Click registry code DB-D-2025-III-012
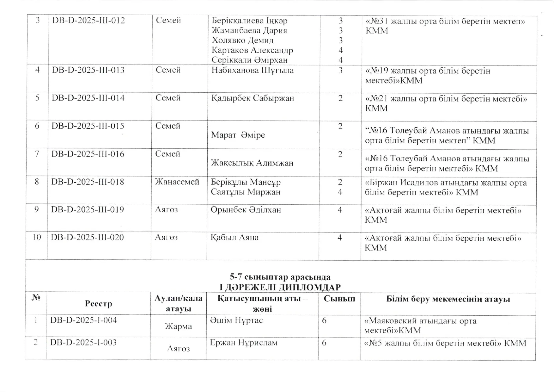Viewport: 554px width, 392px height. pos(88,21)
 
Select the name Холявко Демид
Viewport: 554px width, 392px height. pos(242,40)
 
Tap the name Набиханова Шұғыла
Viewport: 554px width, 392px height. pos(253,70)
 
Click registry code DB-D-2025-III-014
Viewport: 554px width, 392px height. pos(88,98)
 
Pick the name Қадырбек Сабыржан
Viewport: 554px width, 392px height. pos(253,98)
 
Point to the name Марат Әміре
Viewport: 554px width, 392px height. pos(238,135)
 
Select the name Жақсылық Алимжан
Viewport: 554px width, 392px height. pos(252,163)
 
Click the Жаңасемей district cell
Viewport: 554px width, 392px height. pos(177,182)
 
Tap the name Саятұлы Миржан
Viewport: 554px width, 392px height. pos(245,192)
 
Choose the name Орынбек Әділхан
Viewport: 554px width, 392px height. pos(246,210)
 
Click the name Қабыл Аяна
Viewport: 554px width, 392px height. pos(234,238)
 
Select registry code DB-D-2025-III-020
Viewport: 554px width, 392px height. pos(87,238)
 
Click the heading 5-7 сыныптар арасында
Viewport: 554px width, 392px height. pos(280,277)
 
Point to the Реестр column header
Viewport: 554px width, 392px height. pos(98,304)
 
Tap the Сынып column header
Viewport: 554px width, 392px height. pos(339,299)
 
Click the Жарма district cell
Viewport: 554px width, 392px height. pos(178,326)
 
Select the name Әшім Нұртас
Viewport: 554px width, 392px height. pos(236,320)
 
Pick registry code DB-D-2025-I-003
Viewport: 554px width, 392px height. pos(83,343)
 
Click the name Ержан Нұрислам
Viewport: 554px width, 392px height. pos(243,343)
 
